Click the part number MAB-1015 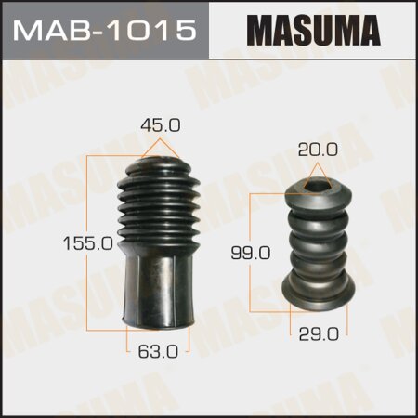point(105,31)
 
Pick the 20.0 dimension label point(316,149)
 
